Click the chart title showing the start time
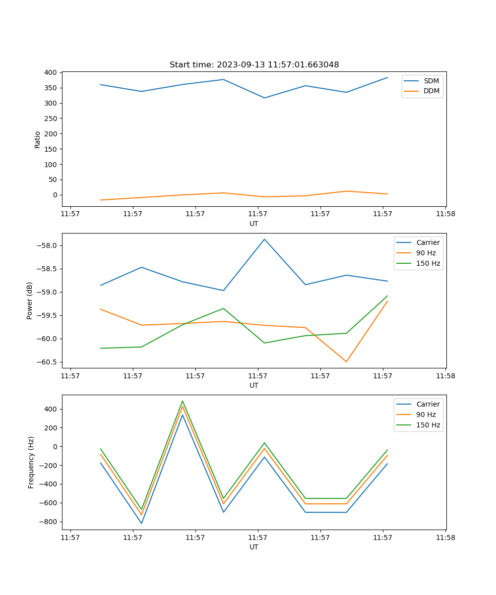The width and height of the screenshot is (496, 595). click(x=254, y=65)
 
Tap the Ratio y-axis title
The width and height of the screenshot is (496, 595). click(x=38, y=139)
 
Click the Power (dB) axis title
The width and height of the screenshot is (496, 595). click(x=30, y=300)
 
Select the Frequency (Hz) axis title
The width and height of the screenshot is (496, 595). click(x=31, y=462)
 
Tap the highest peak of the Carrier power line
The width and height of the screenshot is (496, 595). click(x=264, y=239)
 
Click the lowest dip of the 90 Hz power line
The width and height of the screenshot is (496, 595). click(x=346, y=361)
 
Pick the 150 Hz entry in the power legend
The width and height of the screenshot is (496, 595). click(x=428, y=263)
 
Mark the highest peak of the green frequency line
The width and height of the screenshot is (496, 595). click(x=183, y=401)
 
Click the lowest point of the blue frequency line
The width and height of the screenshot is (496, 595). click(x=141, y=523)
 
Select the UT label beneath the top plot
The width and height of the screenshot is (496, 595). click(x=254, y=224)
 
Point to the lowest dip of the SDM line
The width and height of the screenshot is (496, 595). click(x=264, y=98)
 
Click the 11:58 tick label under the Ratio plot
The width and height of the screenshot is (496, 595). click(x=445, y=214)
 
